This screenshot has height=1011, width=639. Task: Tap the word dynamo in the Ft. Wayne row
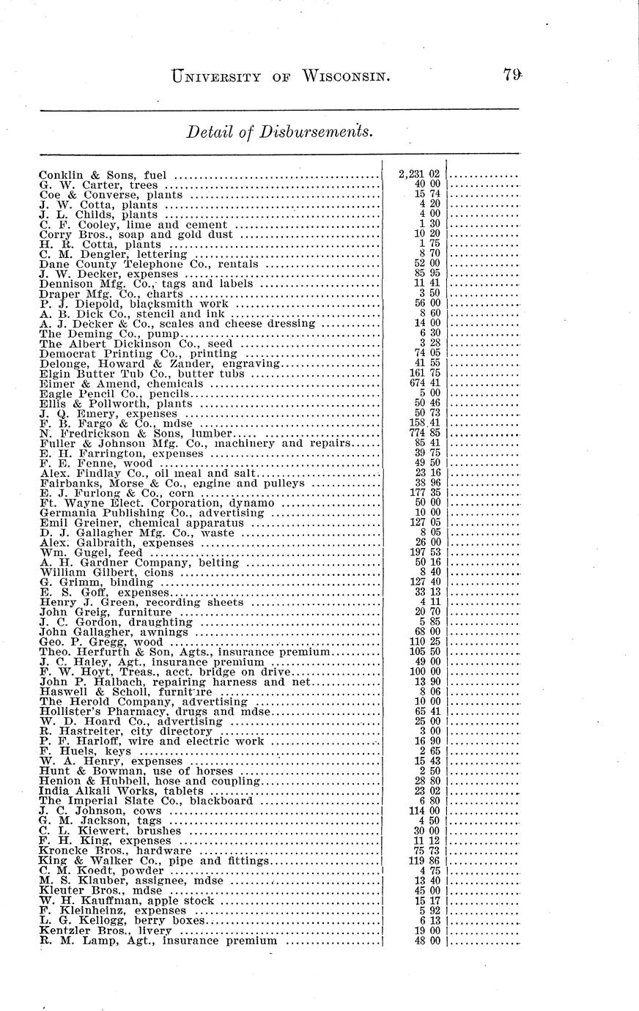click(x=251, y=504)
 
